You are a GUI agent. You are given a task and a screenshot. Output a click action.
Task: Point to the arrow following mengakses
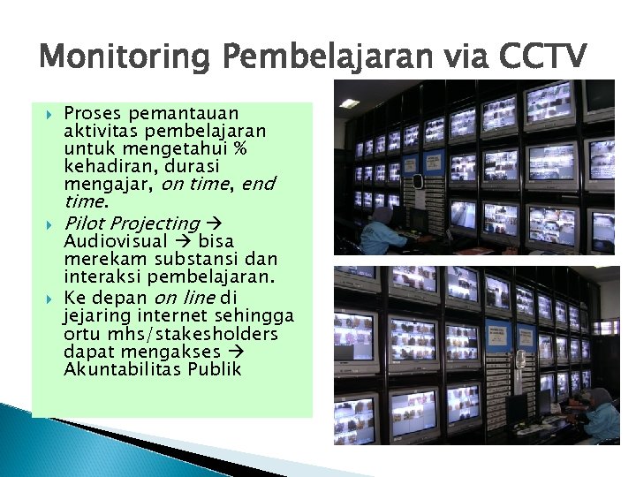coord(234,352)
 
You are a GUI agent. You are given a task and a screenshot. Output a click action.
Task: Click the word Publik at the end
coord(214,369)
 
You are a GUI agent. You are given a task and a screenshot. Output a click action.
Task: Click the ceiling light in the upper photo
coord(350,103)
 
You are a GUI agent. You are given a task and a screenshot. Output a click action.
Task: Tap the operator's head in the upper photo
coord(382,215)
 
